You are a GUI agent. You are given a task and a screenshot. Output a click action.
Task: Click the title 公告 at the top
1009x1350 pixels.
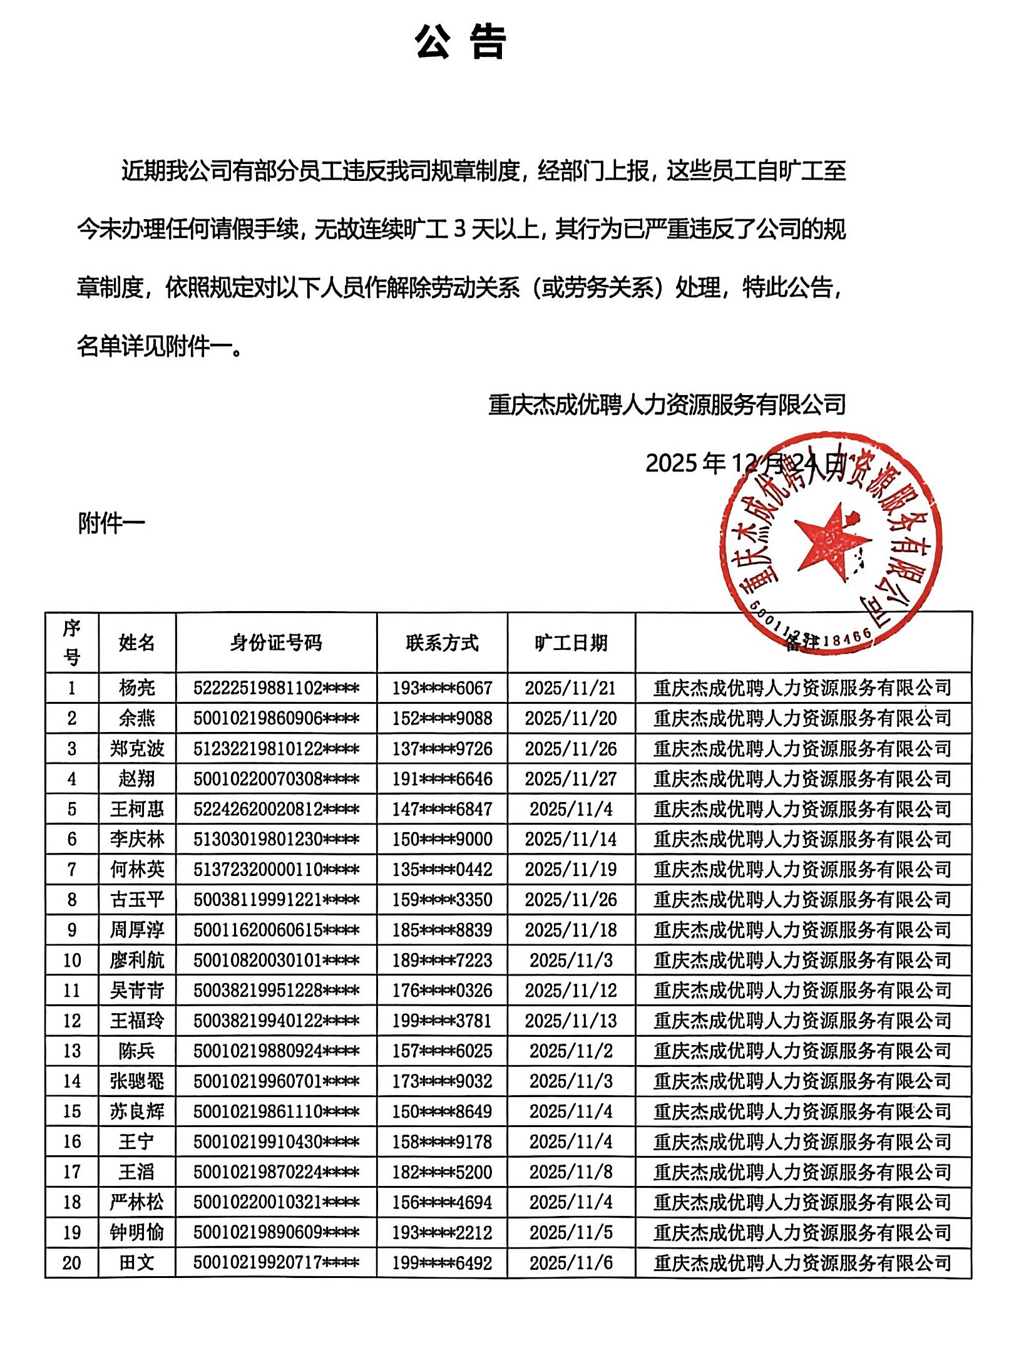460,43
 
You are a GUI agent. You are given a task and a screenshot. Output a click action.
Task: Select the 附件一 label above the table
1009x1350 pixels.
111,523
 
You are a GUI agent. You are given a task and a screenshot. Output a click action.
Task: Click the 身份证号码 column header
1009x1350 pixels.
276,642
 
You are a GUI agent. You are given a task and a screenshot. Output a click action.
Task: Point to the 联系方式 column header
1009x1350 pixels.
442,642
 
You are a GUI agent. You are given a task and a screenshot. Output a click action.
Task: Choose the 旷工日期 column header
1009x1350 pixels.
571,642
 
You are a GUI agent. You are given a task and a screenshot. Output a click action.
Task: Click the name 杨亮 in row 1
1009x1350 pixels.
137,688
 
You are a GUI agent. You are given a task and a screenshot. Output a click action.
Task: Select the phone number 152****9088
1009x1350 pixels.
442,718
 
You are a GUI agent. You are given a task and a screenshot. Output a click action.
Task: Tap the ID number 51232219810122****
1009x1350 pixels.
276,749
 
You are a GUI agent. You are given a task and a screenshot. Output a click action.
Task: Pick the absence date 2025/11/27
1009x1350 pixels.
571,779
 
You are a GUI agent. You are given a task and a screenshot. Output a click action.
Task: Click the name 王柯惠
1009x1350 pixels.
137,809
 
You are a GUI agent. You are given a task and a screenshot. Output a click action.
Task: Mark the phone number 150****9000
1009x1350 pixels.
442,839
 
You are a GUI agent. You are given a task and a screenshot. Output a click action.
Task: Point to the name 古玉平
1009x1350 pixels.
137,900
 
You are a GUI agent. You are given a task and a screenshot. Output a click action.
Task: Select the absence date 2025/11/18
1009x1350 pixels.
571,930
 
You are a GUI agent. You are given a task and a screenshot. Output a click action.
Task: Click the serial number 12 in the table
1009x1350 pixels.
72,1021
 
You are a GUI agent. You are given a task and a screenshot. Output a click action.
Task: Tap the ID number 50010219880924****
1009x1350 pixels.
276,1051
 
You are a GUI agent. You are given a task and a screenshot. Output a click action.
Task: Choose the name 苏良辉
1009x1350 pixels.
137,1111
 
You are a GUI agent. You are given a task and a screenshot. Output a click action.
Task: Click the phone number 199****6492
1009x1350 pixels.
442,1263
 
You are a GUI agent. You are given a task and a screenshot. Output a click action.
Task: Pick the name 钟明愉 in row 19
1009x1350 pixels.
137,1232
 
